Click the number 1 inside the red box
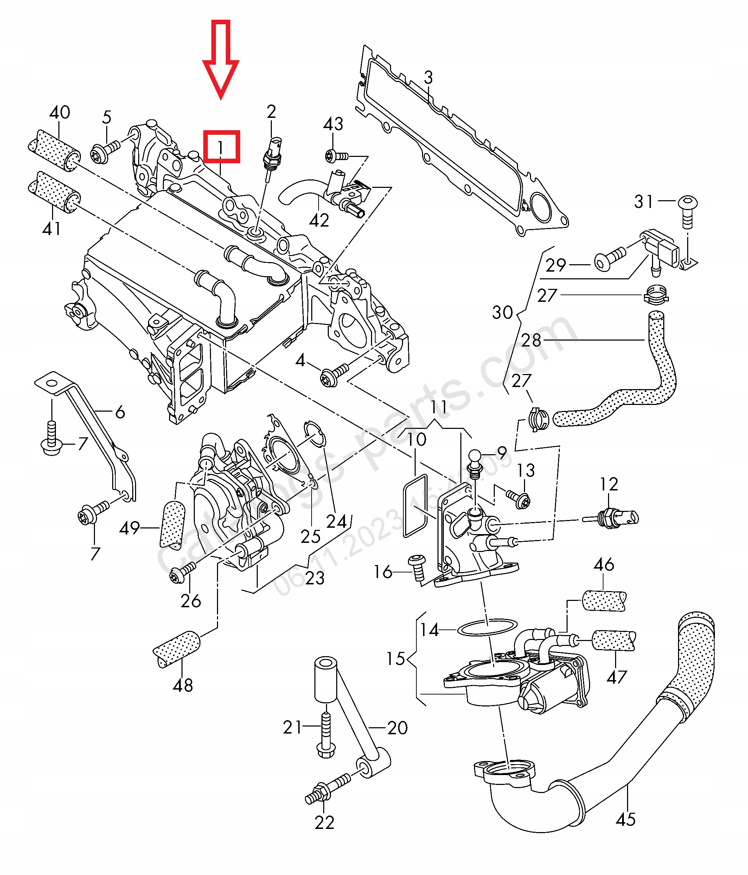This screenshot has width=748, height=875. coord(220,147)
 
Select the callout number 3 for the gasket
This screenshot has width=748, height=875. coord(428,78)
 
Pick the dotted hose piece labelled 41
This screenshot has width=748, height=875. coord(54,192)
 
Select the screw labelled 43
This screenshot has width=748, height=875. coord(337,156)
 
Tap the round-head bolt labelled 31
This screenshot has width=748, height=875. coord(687,211)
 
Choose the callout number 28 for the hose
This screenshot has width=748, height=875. coord(531,340)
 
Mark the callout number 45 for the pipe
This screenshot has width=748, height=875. coord(626,820)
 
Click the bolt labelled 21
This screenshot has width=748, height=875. coord(326,735)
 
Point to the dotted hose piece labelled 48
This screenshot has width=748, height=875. coord(177,649)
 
